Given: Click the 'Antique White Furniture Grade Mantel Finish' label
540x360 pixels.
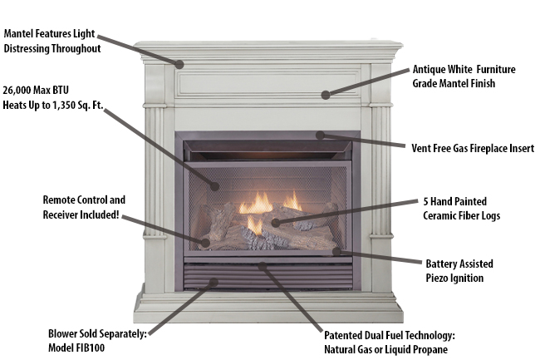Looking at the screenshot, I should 468,76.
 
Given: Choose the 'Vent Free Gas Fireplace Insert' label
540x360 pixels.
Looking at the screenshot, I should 474,148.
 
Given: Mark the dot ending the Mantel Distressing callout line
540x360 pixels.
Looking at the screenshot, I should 179,64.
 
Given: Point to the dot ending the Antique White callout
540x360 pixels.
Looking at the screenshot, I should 326,95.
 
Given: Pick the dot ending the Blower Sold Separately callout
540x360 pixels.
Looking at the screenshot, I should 214,282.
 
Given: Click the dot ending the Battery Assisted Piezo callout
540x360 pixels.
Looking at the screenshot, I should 336,250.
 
